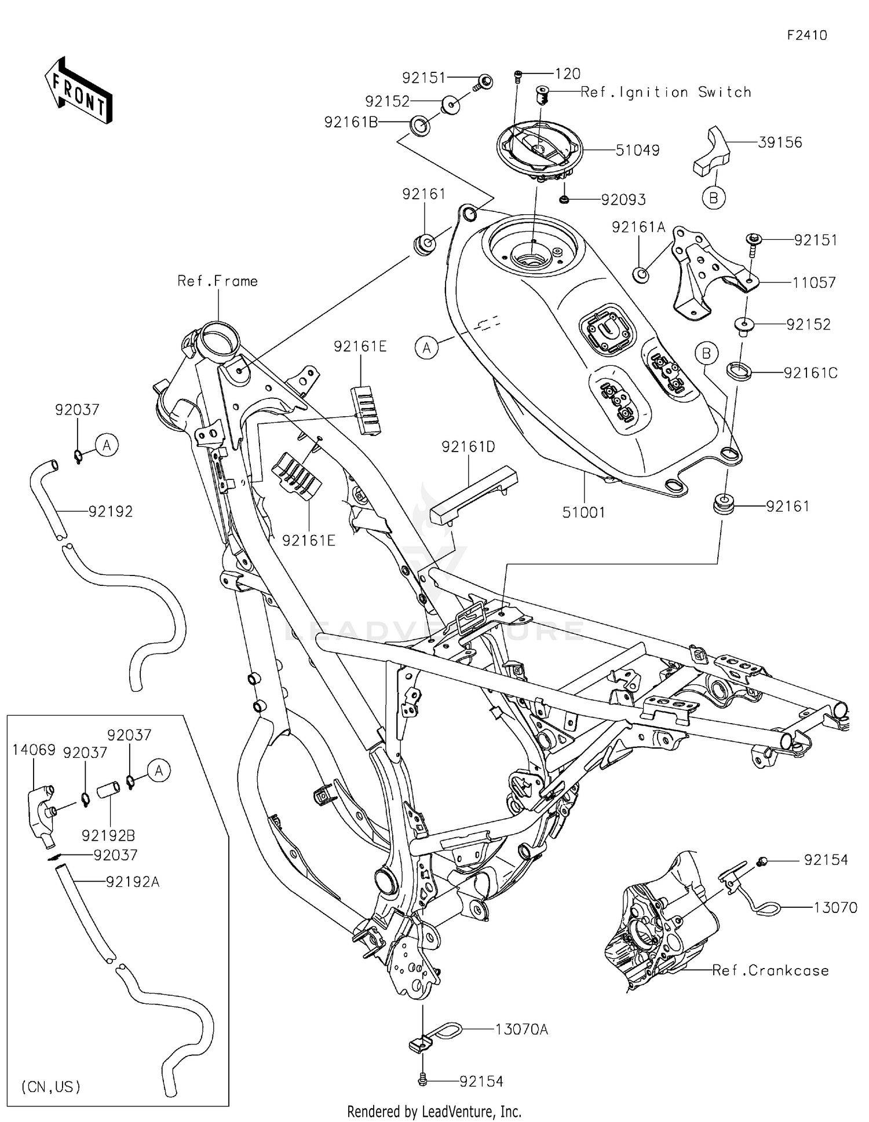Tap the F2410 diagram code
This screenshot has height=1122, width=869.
[806, 35]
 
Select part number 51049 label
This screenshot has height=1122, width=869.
[637, 151]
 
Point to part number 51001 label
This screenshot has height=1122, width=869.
[583, 512]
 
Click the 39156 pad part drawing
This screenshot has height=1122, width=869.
[711, 152]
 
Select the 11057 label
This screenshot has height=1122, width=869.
[814, 283]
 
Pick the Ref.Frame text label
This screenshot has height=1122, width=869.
[217, 281]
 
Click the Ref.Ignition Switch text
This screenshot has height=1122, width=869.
[666, 92]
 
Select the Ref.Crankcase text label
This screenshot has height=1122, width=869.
[770, 971]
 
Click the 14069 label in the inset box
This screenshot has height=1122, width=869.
[34, 750]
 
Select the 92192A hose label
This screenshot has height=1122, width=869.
[133, 882]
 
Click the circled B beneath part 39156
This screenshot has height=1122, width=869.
[713, 197]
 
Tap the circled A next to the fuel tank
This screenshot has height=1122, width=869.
[427, 347]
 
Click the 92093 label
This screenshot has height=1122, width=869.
[623, 200]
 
